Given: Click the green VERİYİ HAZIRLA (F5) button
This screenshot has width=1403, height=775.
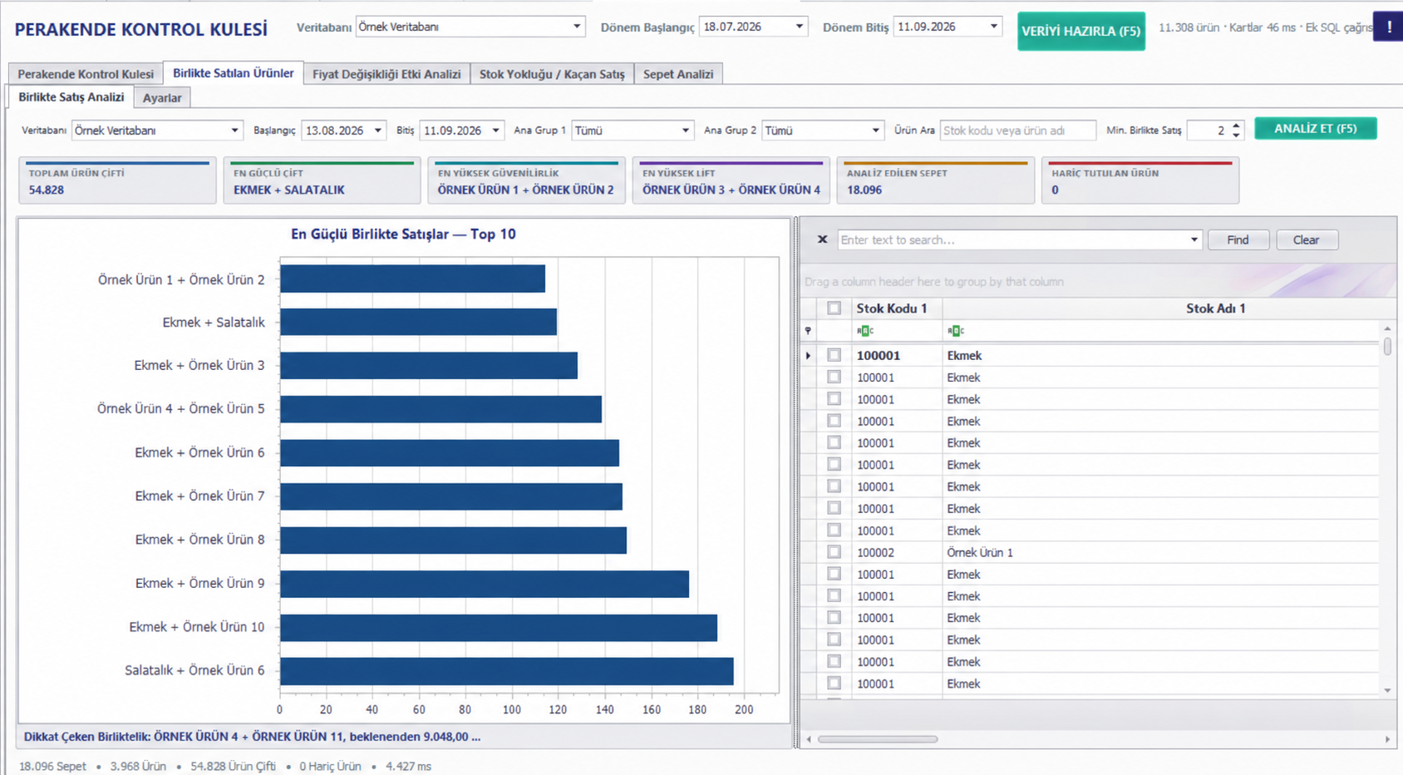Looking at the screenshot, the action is [1081, 31].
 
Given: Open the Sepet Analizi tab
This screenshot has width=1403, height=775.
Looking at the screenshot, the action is [678, 74].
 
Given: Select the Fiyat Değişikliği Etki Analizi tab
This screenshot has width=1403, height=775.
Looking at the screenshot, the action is [386, 74].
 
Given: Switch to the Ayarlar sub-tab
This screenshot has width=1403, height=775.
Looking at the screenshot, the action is [162, 98].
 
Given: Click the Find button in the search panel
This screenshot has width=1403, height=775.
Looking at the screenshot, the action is [1238, 240].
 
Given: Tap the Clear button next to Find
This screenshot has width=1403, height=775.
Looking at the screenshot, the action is [1306, 240].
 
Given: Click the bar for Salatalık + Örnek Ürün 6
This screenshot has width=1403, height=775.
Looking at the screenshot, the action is [507, 671].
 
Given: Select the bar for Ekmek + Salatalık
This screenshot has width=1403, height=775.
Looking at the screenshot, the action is [418, 322].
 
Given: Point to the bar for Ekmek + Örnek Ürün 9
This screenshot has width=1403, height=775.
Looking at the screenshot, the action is [485, 583].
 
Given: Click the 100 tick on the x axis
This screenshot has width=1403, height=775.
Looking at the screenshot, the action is [512, 709].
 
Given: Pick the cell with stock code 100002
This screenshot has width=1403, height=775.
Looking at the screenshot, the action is [875, 553].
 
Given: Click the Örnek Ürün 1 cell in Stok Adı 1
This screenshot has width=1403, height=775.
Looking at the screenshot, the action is [980, 553].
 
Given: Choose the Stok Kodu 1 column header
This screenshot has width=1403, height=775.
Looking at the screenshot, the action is [891, 309].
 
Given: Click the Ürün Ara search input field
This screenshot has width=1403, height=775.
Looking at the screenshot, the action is [1018, 131].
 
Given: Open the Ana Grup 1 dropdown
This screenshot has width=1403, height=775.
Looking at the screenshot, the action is [633, 131].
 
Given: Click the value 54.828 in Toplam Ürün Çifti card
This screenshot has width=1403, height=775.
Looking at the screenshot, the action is [47, 190].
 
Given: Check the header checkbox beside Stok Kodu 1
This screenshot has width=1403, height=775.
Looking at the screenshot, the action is [834, 308].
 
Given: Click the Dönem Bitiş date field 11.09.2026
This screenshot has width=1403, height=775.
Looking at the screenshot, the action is [947, 27].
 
